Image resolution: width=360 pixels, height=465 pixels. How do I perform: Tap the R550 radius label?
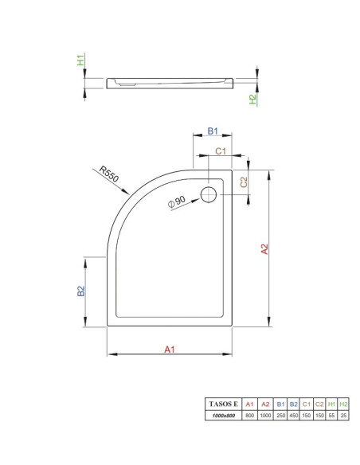tap(109, 174)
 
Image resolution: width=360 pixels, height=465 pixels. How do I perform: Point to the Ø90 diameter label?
tap(177, 201)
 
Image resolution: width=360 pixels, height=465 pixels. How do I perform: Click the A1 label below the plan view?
tap(170, 350)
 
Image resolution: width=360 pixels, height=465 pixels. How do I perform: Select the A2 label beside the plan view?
tap(264, 248)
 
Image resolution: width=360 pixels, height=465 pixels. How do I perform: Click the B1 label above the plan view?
tap(213, 131)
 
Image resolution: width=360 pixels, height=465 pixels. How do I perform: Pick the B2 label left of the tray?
tap(81, 291)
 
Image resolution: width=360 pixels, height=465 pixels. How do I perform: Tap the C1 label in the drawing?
tap(221, 151)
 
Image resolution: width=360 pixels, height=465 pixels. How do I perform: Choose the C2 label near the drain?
tap(244, 182)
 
